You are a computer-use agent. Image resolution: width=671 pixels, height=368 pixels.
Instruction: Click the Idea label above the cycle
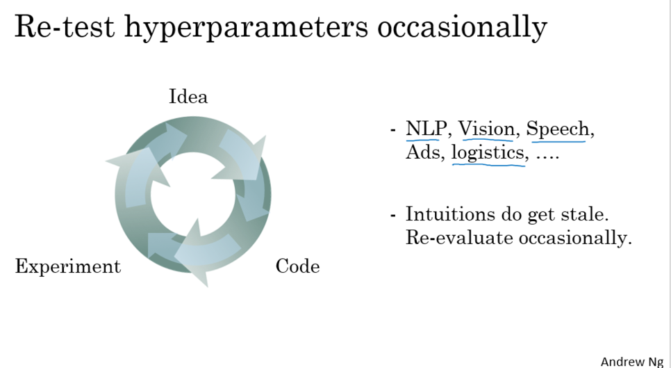188,97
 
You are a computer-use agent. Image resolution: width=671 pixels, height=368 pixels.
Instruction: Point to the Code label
297,266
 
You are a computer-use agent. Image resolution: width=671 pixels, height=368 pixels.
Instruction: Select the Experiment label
68,267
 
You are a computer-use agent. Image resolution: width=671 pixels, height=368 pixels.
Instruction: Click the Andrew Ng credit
632,361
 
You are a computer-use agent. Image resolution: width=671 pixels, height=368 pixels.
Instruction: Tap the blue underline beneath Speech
559,141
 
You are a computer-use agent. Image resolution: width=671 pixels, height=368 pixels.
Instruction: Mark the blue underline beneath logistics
488,165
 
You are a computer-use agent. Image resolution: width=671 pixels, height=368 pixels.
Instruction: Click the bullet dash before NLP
393,130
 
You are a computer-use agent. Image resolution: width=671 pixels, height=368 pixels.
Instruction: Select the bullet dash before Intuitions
393,214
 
